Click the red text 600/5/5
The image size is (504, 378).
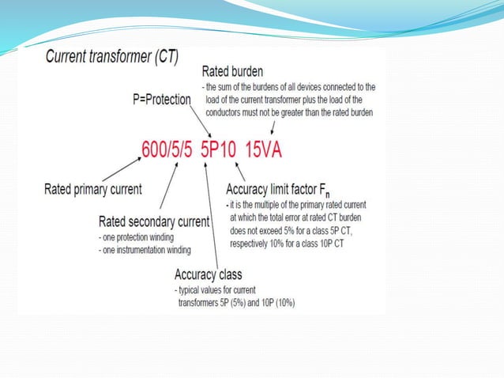167,148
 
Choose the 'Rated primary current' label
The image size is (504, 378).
93,189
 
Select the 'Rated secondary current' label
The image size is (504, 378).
153,221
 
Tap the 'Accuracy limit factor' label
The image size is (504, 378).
281,190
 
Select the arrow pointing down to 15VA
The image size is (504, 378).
273,127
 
